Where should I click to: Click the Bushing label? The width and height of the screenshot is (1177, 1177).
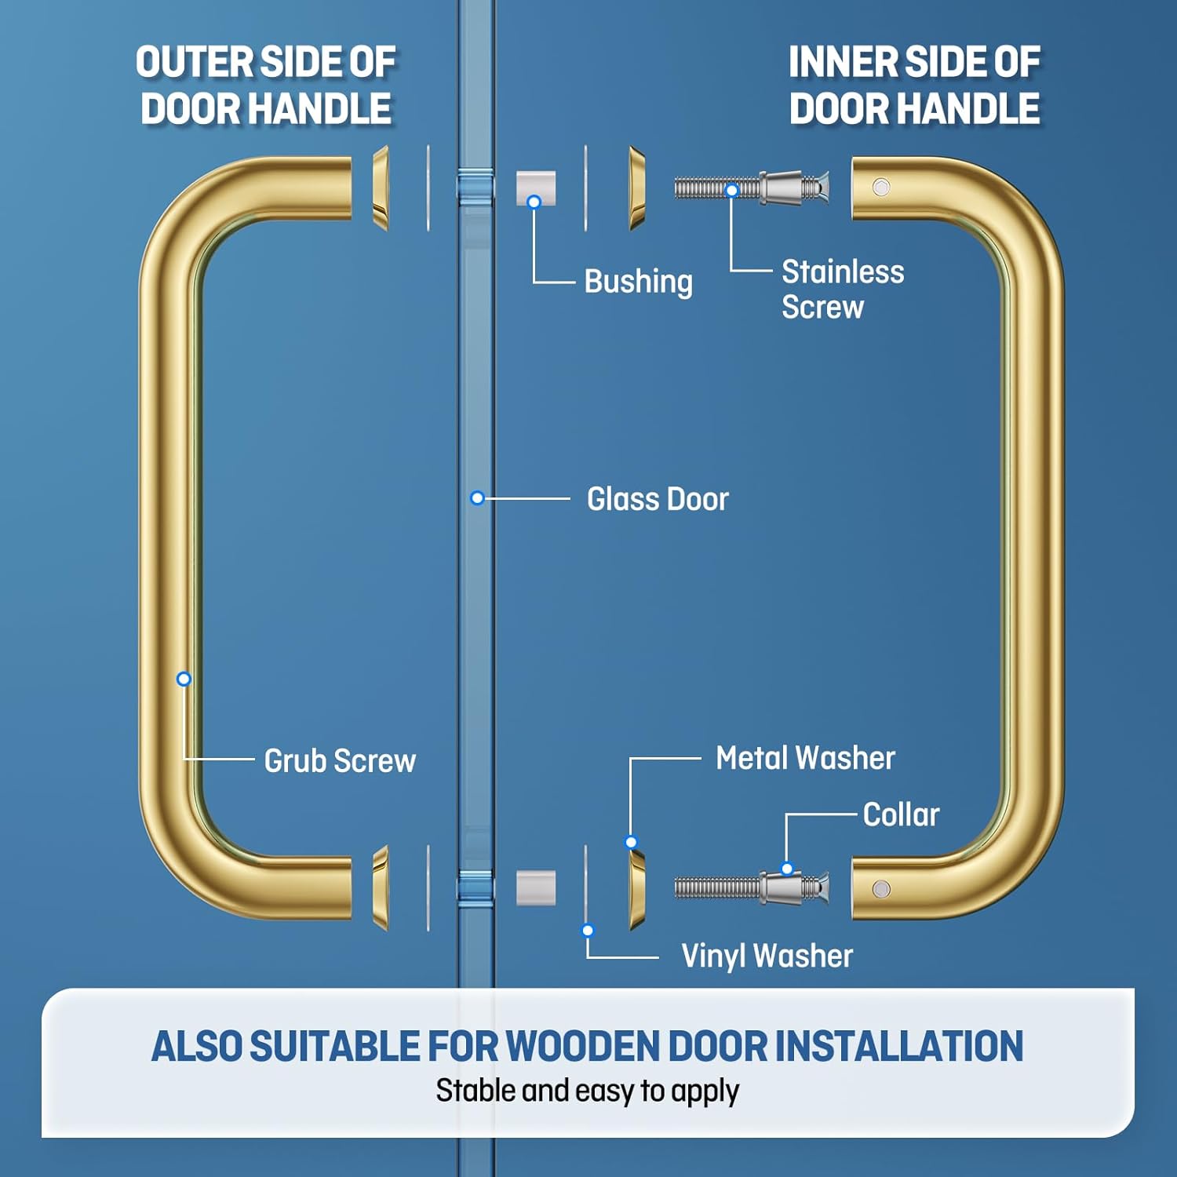pos(638,282)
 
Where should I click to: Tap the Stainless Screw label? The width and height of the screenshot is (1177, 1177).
pos(842,289)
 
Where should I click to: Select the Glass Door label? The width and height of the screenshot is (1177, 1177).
pos(658,499)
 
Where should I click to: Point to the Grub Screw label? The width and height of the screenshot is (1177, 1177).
pos(340,760)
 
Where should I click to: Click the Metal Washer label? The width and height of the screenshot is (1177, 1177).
pos(805,758)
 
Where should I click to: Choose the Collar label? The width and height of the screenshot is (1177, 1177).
pos(901,814)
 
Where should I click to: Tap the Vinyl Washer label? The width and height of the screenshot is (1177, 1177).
pos(767,956)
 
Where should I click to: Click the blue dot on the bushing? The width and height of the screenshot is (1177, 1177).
pos(534,202)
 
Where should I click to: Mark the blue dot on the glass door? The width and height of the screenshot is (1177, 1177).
pos(477,497)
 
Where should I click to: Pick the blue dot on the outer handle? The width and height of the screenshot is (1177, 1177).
pos(184,679)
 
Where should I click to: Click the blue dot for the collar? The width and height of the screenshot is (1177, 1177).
pos(787,869)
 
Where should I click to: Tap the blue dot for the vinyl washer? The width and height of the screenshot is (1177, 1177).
pos(588,931)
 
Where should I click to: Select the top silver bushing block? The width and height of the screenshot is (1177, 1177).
pos(536,188)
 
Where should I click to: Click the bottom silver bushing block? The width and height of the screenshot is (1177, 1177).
pos(536,887)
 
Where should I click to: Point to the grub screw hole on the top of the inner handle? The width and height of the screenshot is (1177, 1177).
pos(881,188)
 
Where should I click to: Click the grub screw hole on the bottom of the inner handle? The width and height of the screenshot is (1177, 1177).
pos(881,889)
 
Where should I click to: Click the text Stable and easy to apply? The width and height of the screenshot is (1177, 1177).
pos(587,1091)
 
